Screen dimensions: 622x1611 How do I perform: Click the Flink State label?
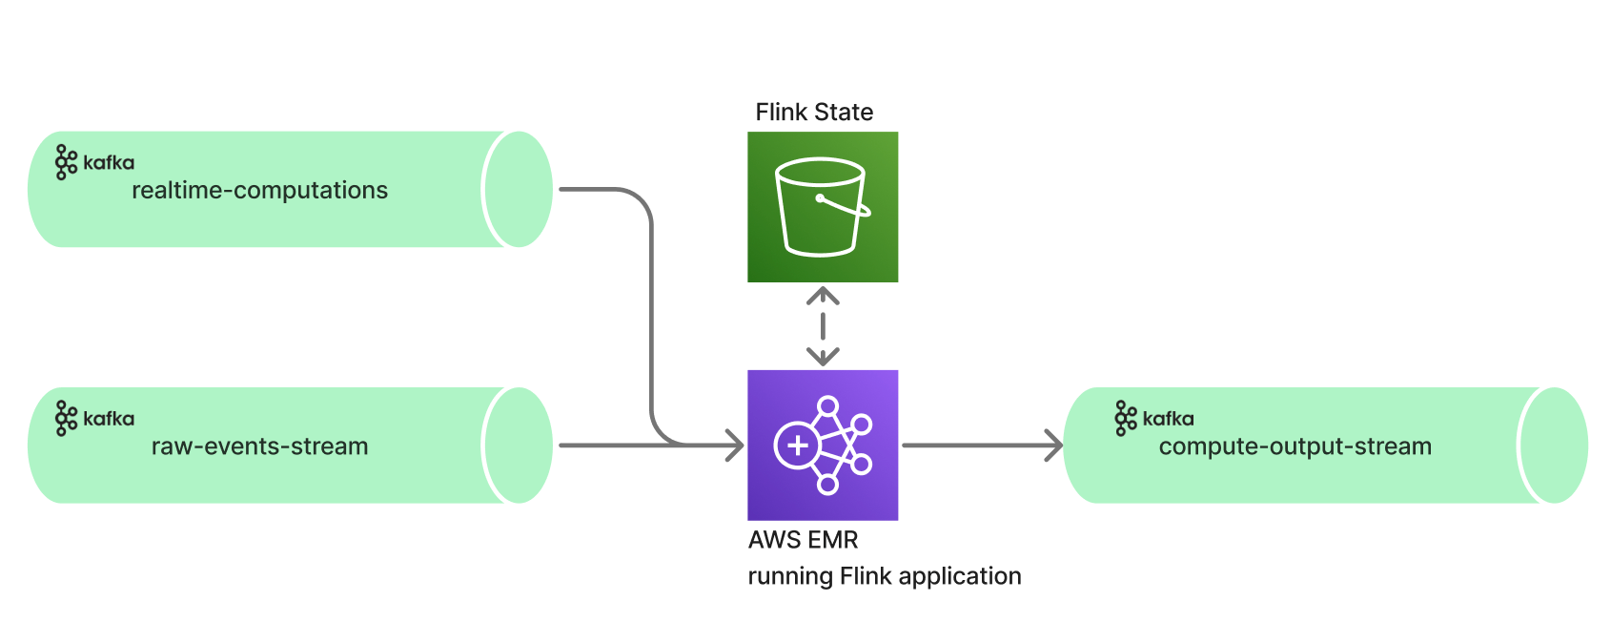[814, 113]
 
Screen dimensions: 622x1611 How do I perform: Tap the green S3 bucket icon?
[823, 207]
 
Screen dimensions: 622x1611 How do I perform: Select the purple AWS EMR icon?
[823, 445]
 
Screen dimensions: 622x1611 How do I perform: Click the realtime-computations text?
[259, 191]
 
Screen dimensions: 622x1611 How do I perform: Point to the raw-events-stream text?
[259, 446]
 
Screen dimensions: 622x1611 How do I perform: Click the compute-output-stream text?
[1295, 446]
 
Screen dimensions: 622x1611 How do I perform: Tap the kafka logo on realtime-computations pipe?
[94, 162]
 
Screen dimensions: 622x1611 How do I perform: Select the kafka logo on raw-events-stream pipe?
[94, 418]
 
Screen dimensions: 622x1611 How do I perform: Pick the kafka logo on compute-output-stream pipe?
[1153, 418]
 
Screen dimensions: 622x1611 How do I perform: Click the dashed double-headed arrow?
[823, 326]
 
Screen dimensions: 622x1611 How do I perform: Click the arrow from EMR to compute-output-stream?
[982, 445]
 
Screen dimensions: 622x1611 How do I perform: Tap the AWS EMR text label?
[803, 540]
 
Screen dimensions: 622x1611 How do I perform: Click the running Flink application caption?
[884, 576]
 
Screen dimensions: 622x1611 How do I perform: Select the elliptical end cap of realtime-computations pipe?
[519, 189]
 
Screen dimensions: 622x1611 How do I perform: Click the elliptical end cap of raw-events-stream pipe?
[519, 445]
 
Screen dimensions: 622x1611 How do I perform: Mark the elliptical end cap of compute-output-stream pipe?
[1554, 445]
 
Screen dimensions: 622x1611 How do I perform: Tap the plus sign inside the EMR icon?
[797, 446]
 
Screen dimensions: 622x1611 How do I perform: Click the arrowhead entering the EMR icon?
[736, 445]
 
